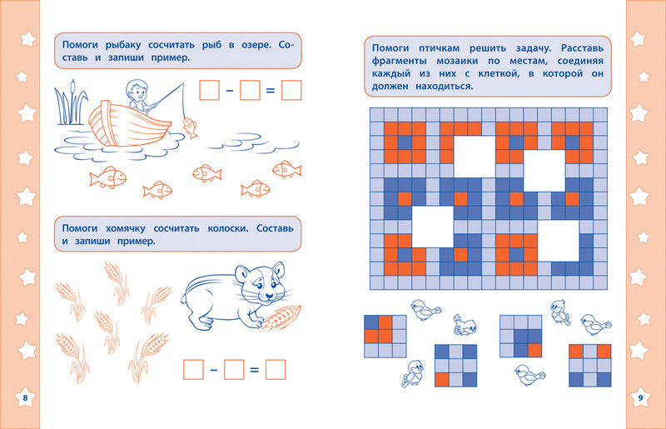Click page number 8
[25, 397]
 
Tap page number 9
[640, 398]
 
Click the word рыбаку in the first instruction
[124, 45]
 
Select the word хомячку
[126, 228]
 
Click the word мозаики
[457, 61]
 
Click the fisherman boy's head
[136, 90]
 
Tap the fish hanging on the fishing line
[190, 127]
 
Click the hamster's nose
[268, 295]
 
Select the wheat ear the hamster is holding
[281, 317]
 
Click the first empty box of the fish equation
[210, 90]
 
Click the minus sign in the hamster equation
[214, 370]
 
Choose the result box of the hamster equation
[276, 370]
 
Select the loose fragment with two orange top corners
[590, 365]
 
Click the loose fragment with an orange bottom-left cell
[455, 365]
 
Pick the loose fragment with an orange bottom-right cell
[521, 336]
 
